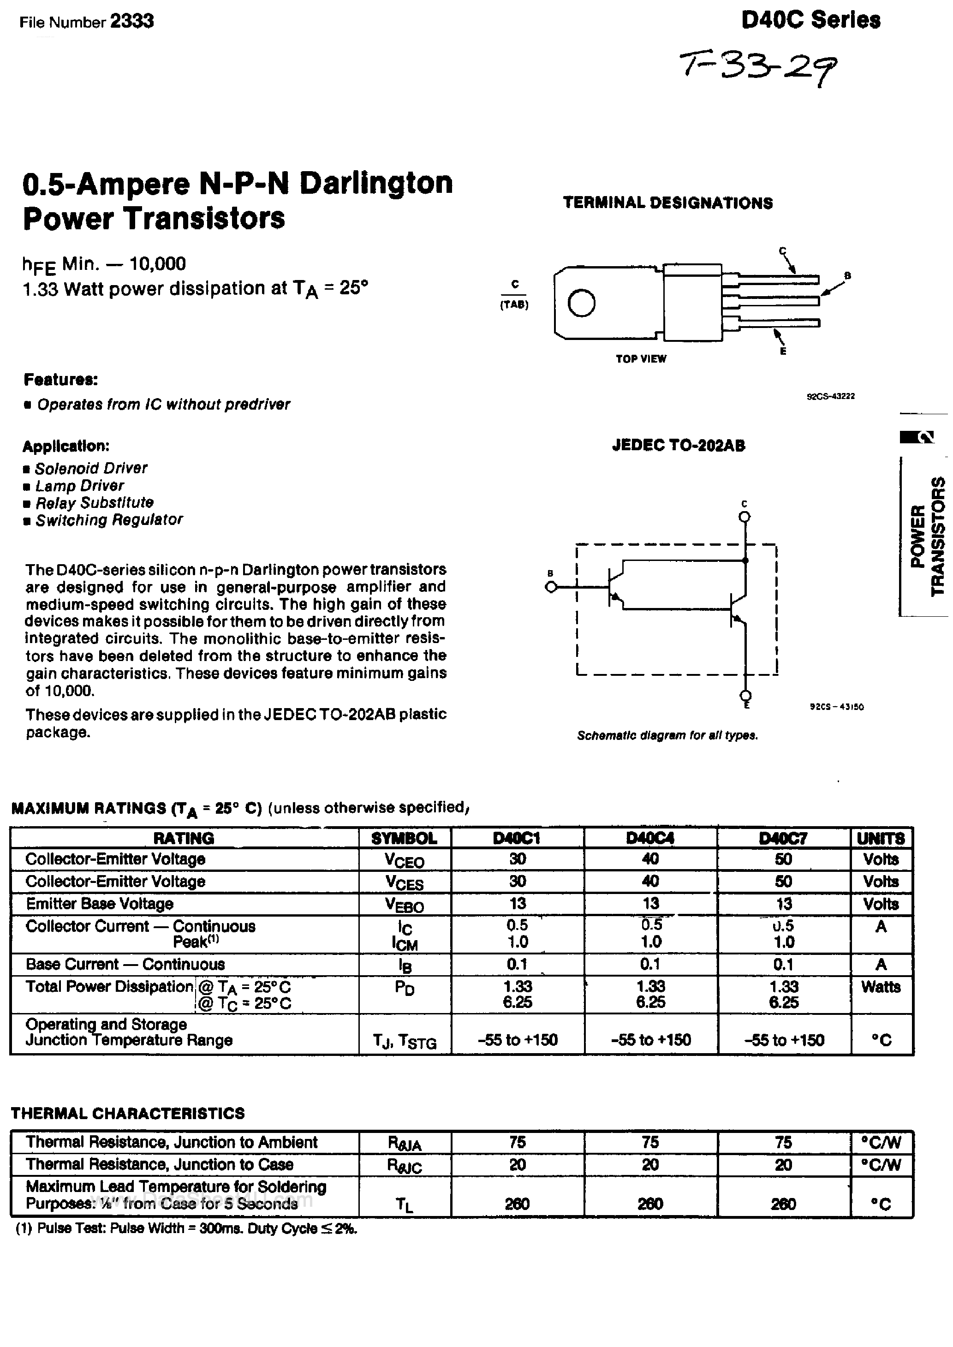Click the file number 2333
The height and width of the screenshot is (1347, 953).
131,22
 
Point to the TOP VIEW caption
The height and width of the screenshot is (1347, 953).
641,358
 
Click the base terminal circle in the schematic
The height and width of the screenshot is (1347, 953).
550,587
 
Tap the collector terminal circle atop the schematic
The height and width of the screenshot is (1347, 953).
745,516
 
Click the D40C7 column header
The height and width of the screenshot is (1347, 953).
783,838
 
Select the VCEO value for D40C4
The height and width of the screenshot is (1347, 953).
650,859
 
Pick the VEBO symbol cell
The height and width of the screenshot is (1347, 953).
405,905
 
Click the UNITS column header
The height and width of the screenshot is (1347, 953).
881,838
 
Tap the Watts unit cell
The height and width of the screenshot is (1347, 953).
880,987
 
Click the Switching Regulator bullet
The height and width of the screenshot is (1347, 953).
108,520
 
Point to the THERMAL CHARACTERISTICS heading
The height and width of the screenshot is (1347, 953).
128,1113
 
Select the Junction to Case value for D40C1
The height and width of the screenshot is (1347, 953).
517,1164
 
